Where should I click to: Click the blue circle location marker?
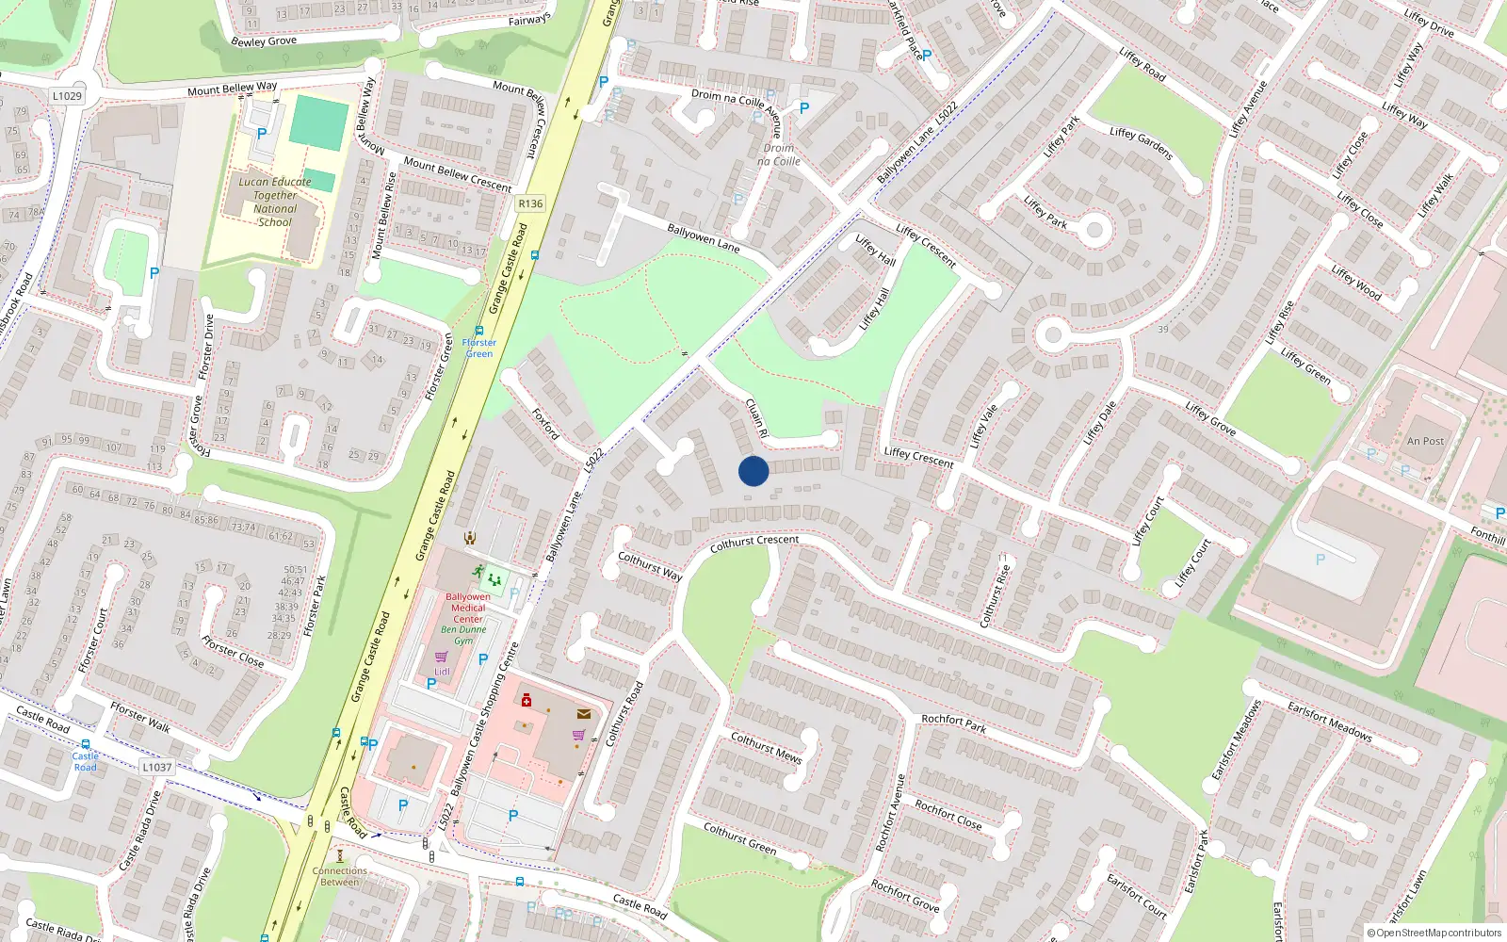point(753,471)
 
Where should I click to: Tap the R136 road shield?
point(530,203)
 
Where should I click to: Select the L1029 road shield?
point(67,96)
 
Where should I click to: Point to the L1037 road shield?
point(157,767)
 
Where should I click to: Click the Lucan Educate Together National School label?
point(275,203)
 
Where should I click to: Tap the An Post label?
point(1425,441)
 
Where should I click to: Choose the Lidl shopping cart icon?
point(441,658)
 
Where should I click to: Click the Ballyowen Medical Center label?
point(468,608)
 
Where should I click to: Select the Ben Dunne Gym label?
point(463,635)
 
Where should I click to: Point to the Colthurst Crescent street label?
point(754,544)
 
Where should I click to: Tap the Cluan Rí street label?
point(756,417)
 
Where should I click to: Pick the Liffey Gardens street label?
point(1141,143)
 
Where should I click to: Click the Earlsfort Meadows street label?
point(1330,721)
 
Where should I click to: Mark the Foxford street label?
point(545,424)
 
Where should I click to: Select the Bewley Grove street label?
point(264,41)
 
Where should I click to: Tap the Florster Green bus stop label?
point(478,348)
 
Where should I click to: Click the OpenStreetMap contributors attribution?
point(1434,933)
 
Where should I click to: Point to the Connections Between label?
point(340,876)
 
